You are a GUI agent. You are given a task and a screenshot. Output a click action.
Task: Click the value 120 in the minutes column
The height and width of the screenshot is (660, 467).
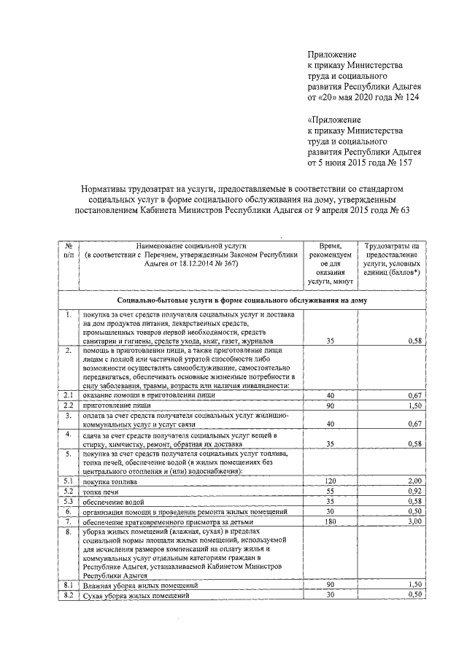pyautogui.click(x=330, y=482)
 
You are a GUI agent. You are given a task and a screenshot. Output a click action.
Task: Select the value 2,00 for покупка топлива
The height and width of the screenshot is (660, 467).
pyautogui.click(x=413, y=482)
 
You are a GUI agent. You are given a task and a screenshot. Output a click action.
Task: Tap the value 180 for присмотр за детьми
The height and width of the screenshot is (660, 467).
pyautogui.click(x=330, y=523)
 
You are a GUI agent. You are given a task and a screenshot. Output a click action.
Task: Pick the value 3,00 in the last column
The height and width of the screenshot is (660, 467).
pyautogui.click(x=413, y=523)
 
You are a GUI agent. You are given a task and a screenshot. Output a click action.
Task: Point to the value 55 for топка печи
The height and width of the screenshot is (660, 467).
pyautogui.click(x=331, y=492)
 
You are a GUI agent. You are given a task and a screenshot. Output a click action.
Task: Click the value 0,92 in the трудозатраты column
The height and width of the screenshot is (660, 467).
pyautogui.click(x=413, y=492)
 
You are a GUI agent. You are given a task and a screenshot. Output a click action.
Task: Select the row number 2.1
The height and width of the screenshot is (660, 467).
pyautogui.click(x=67, y=395)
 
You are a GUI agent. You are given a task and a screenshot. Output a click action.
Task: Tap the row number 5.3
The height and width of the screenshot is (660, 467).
pyautogui.click(x=67, y=502)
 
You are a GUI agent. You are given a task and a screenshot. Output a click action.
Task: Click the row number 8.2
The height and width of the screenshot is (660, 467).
pyautogui.click(x=67, y=596)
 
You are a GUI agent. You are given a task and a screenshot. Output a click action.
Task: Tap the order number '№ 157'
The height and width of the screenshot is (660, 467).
pyautogui.click(x=409, y=163)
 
